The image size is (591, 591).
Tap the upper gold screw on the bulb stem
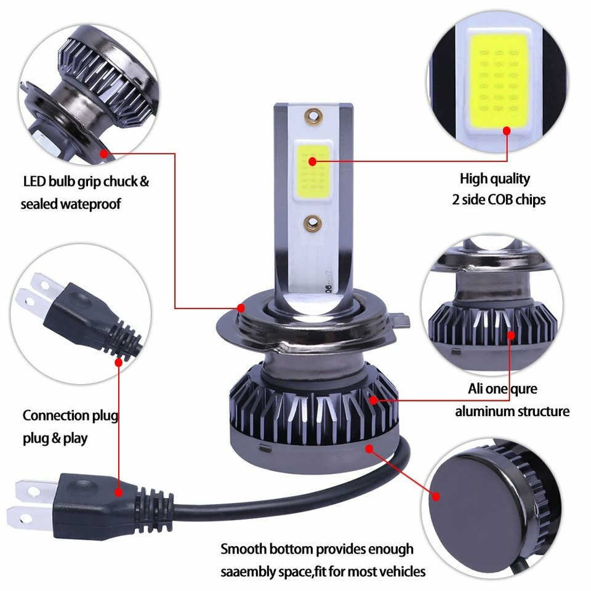pyautogui.click(x=312, y=115)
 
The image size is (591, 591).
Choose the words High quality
pyautogui.click(x=494, y=179)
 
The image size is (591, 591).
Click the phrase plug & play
pyautogui.click(x=55, y=438)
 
